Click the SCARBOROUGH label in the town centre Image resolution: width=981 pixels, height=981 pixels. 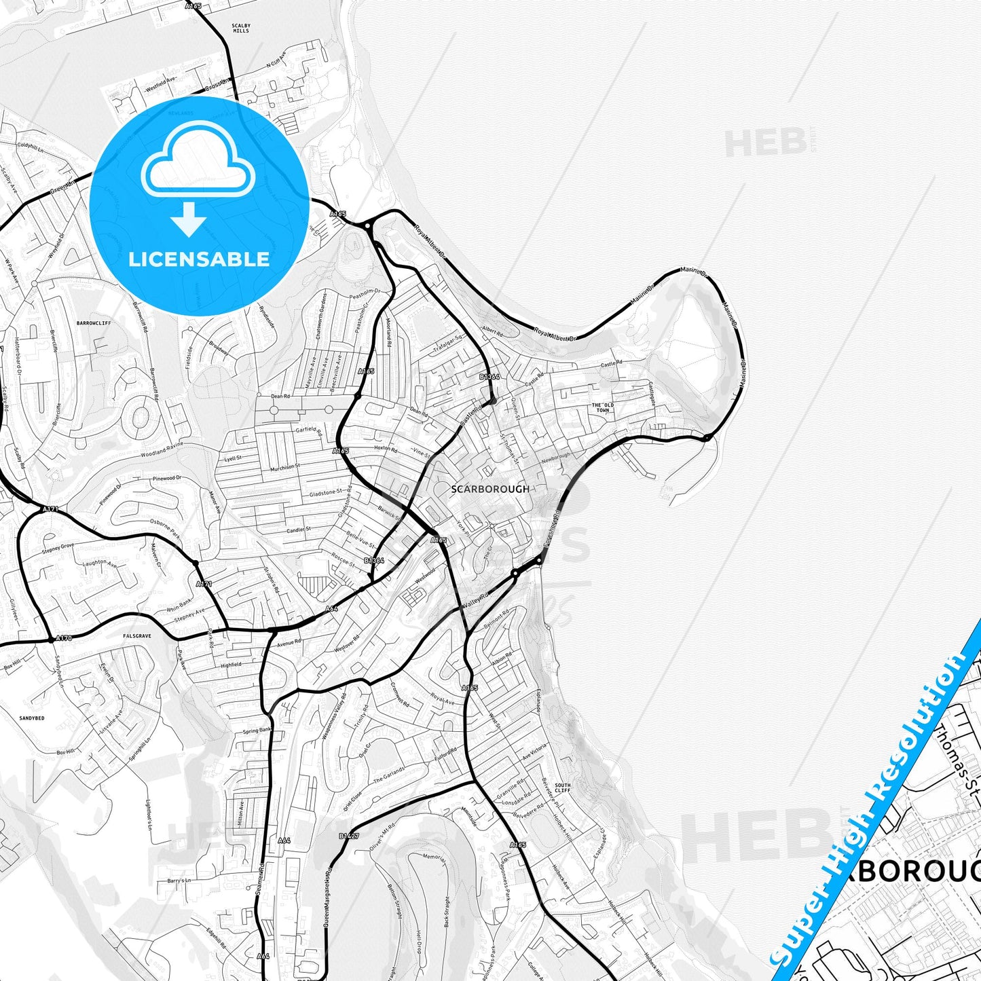point(489,489)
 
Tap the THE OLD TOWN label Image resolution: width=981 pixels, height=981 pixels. point(602,407)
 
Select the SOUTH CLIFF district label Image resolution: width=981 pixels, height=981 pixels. point(563,788)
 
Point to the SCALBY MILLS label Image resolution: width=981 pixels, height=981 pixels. point(240,28)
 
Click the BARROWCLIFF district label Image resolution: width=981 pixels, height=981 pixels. point(94,323)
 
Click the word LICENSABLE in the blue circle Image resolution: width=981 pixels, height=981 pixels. point(199,259)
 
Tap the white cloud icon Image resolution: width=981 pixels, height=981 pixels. point(198,163)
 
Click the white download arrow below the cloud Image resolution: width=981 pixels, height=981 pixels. point(189,219)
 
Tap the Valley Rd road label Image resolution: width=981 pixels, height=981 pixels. point(475,600)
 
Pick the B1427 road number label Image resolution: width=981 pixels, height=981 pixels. point(348,836)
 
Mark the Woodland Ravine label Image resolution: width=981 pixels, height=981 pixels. point(162,449)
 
